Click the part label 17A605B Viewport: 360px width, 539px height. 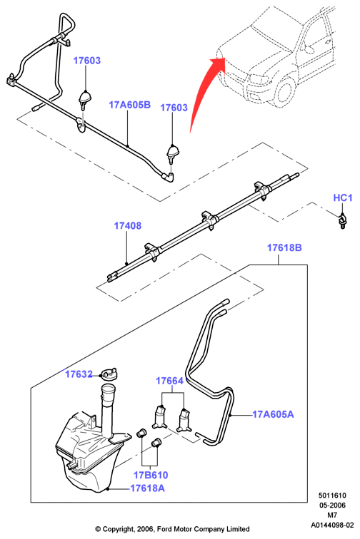(130, 105)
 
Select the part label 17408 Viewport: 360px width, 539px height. (127, 226)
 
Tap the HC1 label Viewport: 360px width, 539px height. (343, 198)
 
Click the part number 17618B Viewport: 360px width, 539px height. (284, 247)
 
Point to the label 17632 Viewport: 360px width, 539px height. (79, 374)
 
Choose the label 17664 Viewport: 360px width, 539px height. (169, 381)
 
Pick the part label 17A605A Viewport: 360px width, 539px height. (273, 414)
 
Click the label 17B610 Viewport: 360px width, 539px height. (151, 475)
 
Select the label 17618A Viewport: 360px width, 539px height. (147, 488)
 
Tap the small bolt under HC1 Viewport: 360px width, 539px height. (342, 221)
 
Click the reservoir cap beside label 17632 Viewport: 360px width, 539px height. (110, 374)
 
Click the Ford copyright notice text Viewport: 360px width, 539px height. (172, 529)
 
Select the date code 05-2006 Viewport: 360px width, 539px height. (332, 505)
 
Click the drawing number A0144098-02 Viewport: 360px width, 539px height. (332, 525)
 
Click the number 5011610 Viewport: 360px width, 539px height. (332, 496)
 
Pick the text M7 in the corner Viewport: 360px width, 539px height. (332, 515)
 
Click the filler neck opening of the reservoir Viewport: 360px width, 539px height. (109, 389)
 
